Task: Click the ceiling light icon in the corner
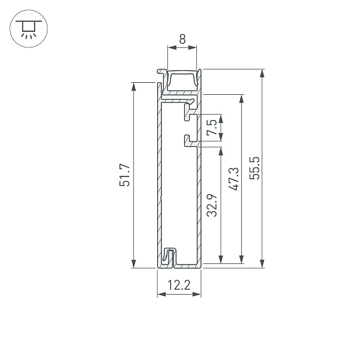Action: [x=26, y=28]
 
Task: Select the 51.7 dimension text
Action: [x=125, y=175]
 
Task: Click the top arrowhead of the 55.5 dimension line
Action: [x=262, y=73]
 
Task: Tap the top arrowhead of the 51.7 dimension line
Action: [x=134, y=86]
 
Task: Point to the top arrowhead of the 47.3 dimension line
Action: [x=242, y=98]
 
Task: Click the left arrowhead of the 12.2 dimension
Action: [x=160, y=294]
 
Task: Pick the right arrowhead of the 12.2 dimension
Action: [x=197, y=294]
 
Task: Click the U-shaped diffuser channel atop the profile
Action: [x=182, y=80]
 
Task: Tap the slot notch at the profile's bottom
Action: [x=170, y=257]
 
